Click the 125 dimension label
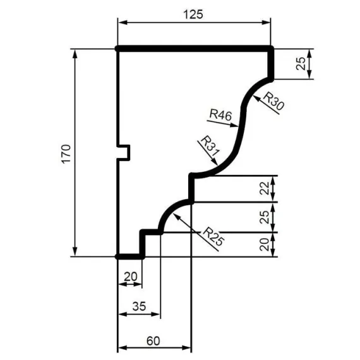point(195,15)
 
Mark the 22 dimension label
point(265,188)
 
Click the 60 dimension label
point(153,340)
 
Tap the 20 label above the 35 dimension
point(130,275)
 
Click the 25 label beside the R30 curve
point(301,64)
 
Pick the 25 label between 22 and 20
point(265,217)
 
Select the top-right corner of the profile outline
point(272,48)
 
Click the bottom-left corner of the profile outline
point(119,257)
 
